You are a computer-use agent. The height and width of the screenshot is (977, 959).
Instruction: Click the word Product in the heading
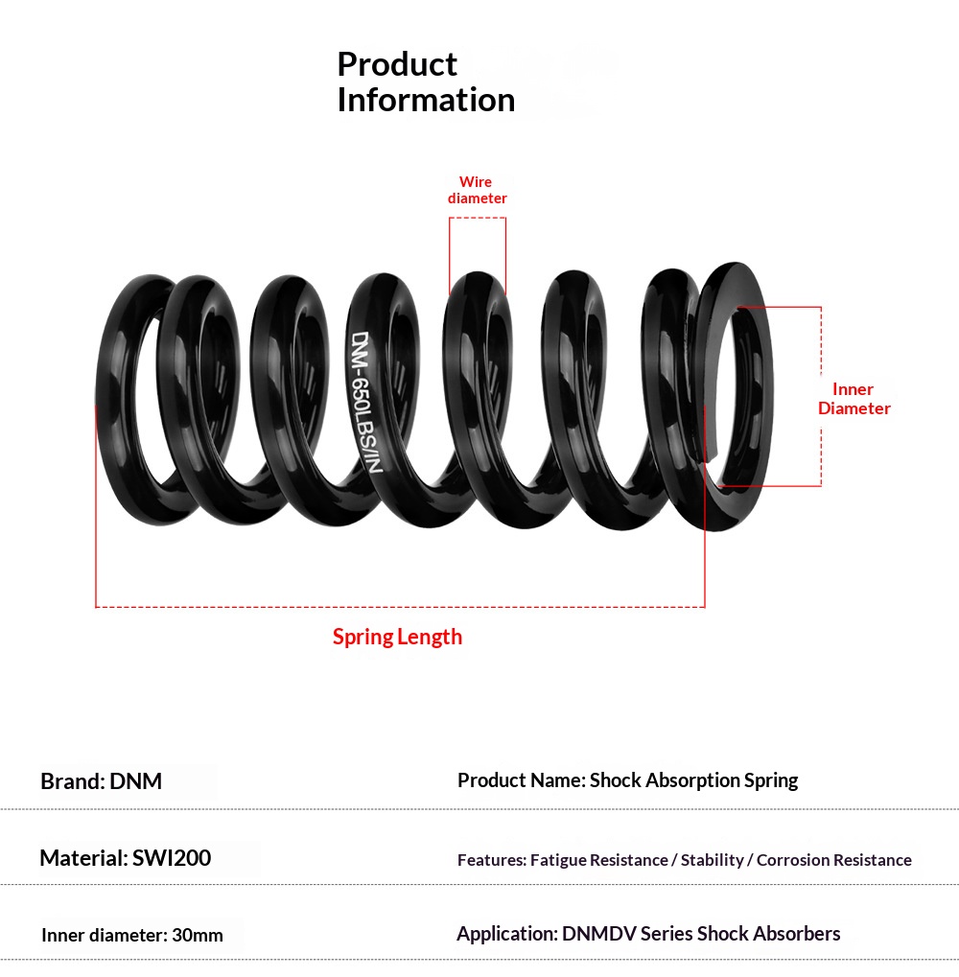pyautogui.click(x=397, y=64)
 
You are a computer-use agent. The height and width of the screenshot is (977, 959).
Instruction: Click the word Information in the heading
pyautogui.click(x=426, y=101)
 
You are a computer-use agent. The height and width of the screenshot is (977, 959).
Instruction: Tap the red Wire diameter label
pyautogui.click(x=477, y=190)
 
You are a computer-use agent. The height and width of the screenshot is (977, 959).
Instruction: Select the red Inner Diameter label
pyautogui.click(x=854, y=399)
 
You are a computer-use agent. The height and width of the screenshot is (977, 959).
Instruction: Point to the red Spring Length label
pyautogui.click(x=397, y=637)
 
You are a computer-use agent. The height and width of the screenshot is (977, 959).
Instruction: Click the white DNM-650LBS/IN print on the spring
pyautogui.click(x=365, y=402)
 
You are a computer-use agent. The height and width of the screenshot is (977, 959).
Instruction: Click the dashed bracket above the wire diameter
pyautogui.click(x=478, y=218)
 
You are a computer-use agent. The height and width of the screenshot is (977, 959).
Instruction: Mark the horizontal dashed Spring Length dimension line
pyautogui.click(x=400, y=606)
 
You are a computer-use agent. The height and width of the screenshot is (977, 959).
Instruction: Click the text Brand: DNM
pyautogui.click(x=101, y=781)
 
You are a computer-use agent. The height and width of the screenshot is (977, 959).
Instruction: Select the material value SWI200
pyautogui.click(x=172, y=858)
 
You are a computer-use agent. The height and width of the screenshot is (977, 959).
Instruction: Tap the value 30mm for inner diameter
pyautogui.click(x=198, y=935)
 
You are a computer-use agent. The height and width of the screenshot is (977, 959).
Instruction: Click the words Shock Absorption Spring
pyautogui.click(x=693, y=780)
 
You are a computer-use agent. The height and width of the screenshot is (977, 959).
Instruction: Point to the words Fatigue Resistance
pyautogui.click(x=598, y=860)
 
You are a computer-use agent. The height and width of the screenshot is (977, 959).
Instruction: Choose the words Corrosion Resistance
pyautogui.click(x=833, y=860)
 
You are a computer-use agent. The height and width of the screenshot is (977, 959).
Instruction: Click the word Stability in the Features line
pyautogui.click(x=713, y=860)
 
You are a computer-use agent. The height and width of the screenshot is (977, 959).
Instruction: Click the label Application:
pyautogui.click(x=507, y=934)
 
